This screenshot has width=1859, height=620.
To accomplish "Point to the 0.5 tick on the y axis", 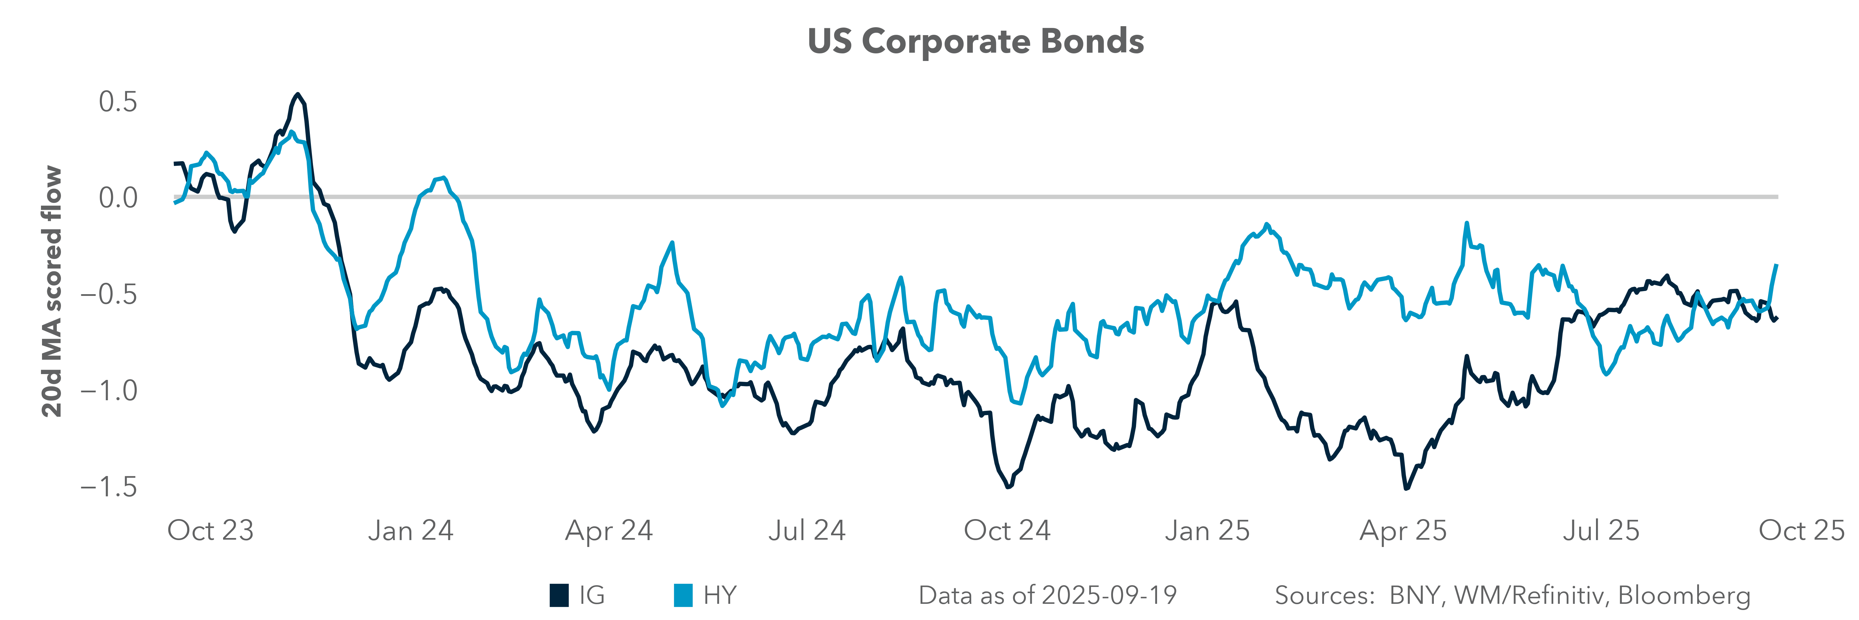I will click(118, 102).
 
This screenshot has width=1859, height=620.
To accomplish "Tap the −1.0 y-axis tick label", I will click(108, 391).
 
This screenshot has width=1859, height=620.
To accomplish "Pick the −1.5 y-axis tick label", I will click(108, 487).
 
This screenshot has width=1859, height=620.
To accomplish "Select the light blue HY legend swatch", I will click(683, 596).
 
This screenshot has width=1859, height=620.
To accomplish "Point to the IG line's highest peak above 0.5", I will click(297, 95).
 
